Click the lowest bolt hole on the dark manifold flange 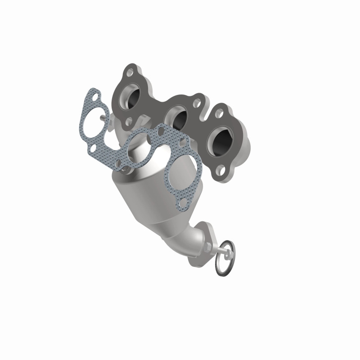click(x=220, y=171)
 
